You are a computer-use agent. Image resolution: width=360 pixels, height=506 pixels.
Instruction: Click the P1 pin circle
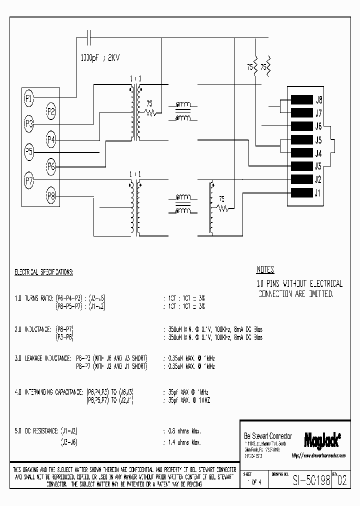click(x=29, y=98)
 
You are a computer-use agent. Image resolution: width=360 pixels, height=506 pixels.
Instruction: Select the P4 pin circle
click(x=51, y=139)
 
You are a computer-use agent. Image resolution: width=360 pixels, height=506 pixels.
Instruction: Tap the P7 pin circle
click(x=29, y=181)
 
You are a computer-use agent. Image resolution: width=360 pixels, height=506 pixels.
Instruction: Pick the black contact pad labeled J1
click(x=301, y=193)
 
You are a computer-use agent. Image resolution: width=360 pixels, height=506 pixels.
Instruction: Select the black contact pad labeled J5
click(x=301, y=139)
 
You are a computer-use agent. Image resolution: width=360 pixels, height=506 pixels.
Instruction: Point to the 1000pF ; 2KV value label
click(x=100, y=57)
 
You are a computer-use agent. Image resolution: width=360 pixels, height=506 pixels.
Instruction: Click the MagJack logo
click(x=322, y=439)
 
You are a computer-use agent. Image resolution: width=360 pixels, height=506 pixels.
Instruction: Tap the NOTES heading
click(x=265, y=270)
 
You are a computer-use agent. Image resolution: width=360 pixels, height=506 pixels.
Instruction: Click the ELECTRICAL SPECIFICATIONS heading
click(x=44, y=272)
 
